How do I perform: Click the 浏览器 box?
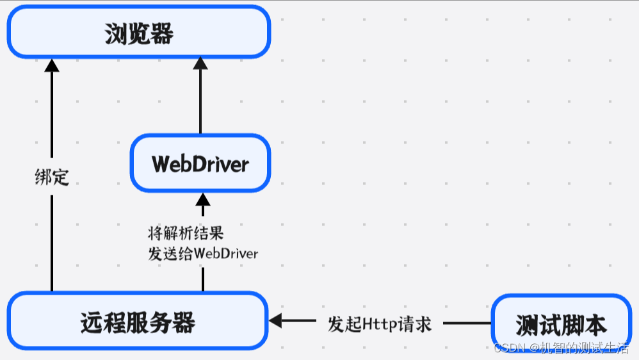point(138,32)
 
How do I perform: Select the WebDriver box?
point(200,163)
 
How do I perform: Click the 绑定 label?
point(52,177)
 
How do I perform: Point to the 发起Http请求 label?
point(380,323)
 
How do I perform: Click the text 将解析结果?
point(186,233)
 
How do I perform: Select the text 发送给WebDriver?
point(203,253)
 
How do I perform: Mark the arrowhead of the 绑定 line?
point(52,64)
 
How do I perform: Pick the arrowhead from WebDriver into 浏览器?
point(200,63)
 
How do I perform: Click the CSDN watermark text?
point(510,348)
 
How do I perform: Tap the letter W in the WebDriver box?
point(161,164)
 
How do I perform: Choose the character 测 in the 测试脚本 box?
point(527,325)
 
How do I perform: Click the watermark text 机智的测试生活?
point(583,348)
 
